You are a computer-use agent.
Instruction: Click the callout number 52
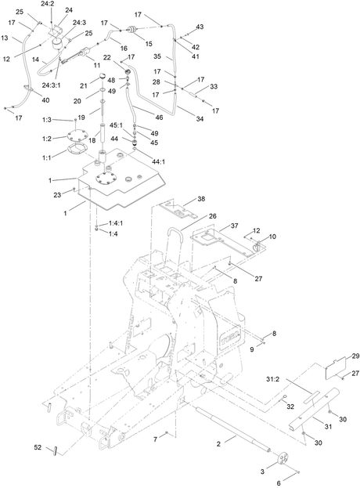38,447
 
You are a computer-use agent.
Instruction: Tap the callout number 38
201,198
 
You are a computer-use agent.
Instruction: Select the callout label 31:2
272,379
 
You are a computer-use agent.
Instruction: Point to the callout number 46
159,117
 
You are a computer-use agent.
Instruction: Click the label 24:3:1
52,85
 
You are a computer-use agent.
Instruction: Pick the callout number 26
213,216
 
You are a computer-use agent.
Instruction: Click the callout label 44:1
159,161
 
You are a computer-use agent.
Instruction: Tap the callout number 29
355,356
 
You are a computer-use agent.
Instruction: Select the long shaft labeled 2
233,429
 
